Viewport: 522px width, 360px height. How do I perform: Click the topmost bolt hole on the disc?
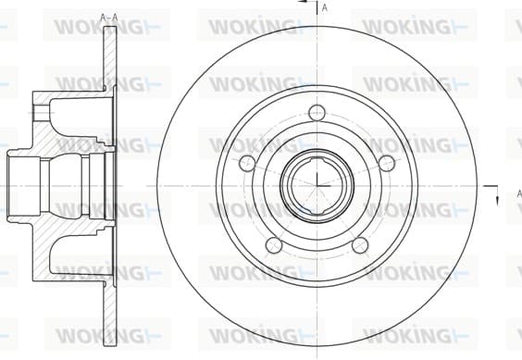(317, 113)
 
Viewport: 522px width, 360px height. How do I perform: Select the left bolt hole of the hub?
(247, 163)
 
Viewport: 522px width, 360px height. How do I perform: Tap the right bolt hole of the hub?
(387, 163)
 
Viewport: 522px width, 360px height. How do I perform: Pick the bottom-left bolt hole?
(274, 245)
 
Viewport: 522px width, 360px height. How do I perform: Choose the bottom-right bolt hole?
(360, 245)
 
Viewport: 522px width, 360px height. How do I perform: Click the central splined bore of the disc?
(317, 185)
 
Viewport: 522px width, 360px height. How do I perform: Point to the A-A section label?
(109, 18)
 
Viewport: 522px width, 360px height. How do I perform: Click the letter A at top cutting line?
(325, 8)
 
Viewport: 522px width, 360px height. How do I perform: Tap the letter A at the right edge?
(519, 193)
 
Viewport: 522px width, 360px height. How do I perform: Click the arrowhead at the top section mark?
(302, 1)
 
